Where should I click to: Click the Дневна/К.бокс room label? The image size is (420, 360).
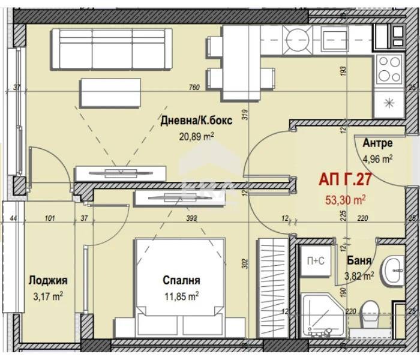click(x=196, y=121)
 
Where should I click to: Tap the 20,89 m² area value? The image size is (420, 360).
click(x=197, y=137)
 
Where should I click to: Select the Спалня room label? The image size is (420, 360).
click(x=181, y=280)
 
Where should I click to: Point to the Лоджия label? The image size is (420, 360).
click(x=48, y=280)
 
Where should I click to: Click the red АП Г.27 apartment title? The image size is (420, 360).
click(x=345, y=179)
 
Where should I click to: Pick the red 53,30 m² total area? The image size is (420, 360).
click(x=346, y=200)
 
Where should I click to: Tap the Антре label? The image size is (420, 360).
click(x=377, y=143)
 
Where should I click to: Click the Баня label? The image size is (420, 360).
click(x=359, y=260)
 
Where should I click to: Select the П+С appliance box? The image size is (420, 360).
click(x=316, y=260)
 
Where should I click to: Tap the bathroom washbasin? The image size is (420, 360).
click(x=393, y=271)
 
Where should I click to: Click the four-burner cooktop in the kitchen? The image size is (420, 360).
click(x=389, y=69)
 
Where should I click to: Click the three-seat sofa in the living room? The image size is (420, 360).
click(x=112, y=49)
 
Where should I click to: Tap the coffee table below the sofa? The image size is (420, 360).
click(x=110, y=93)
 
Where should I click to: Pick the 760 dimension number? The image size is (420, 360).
click(x=194, y=88)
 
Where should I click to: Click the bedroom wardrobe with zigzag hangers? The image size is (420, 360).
click(x=272, y=288)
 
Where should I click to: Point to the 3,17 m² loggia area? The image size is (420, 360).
click(x=48, y=297)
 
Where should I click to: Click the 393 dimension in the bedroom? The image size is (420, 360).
click(x=192, y=218)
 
